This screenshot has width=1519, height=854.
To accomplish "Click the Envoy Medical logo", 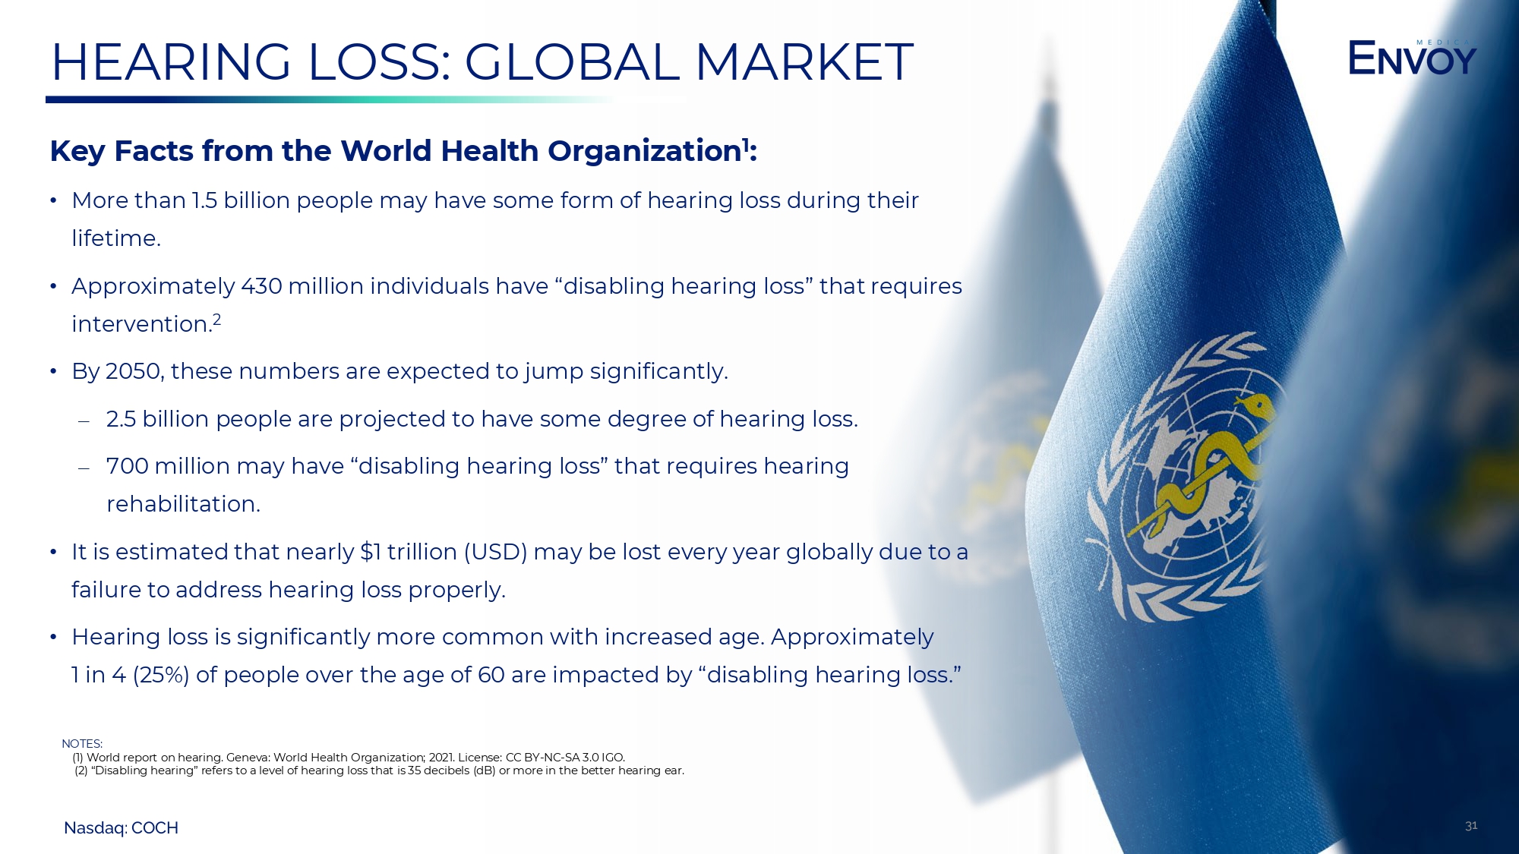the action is (x=1412, y=58).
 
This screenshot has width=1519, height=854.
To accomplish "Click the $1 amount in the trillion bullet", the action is (x=371, y=552).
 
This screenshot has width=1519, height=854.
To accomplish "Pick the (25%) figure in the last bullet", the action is (x=161, y=675).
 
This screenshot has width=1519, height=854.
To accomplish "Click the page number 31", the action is (x=1471, y=826).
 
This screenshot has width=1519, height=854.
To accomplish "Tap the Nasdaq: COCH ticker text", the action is (x=121, y=828).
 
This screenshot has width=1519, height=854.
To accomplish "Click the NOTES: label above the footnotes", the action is (x=82, y=744).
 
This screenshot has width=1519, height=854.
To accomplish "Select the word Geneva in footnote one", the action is (x=247, y=758).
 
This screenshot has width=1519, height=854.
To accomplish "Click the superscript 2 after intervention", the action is (x=216, y=320).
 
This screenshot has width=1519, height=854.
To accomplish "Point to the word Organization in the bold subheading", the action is (x=644, y=151).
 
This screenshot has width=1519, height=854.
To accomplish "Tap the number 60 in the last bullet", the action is (x=491, y=675).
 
